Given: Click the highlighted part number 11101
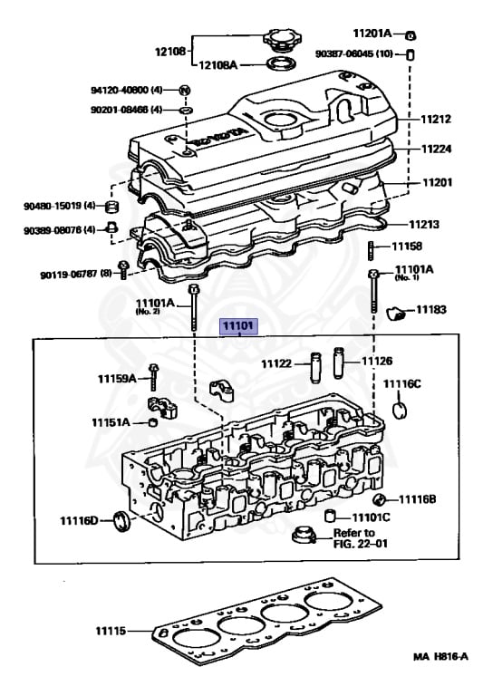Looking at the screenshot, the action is click(238, 326).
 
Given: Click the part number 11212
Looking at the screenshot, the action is click(436, 119).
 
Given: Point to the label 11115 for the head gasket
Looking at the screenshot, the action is click(111, 631).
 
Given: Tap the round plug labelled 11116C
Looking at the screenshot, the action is click(400, 411).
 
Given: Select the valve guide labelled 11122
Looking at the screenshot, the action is click(315, 368).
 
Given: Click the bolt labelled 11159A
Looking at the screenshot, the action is click(154, 377).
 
